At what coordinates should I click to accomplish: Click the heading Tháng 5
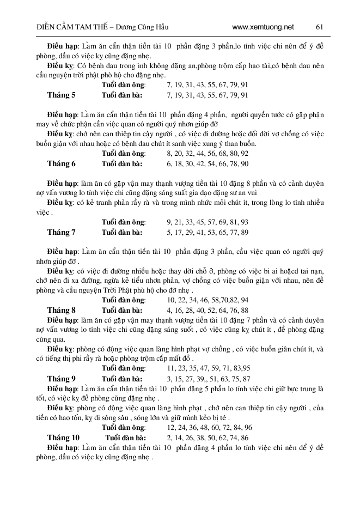(x=62, y=95)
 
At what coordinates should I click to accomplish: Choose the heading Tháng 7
(x=62, y=232)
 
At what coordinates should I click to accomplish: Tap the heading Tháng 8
(x=62, y=309)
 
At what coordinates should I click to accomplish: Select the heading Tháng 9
(x=62, y=378)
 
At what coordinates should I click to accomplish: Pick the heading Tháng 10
(x=63, y=438)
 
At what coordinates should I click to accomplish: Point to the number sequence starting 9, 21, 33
(x=208, y=222)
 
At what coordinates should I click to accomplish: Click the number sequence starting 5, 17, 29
(x=208, y=232)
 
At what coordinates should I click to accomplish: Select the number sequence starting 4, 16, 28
(x=208, y=309)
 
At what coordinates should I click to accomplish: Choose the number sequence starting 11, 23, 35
(x=209, y=368)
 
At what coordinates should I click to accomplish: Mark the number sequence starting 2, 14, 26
(x=208, y=438)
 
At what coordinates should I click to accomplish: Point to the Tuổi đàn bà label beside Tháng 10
(x=126, y=438)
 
